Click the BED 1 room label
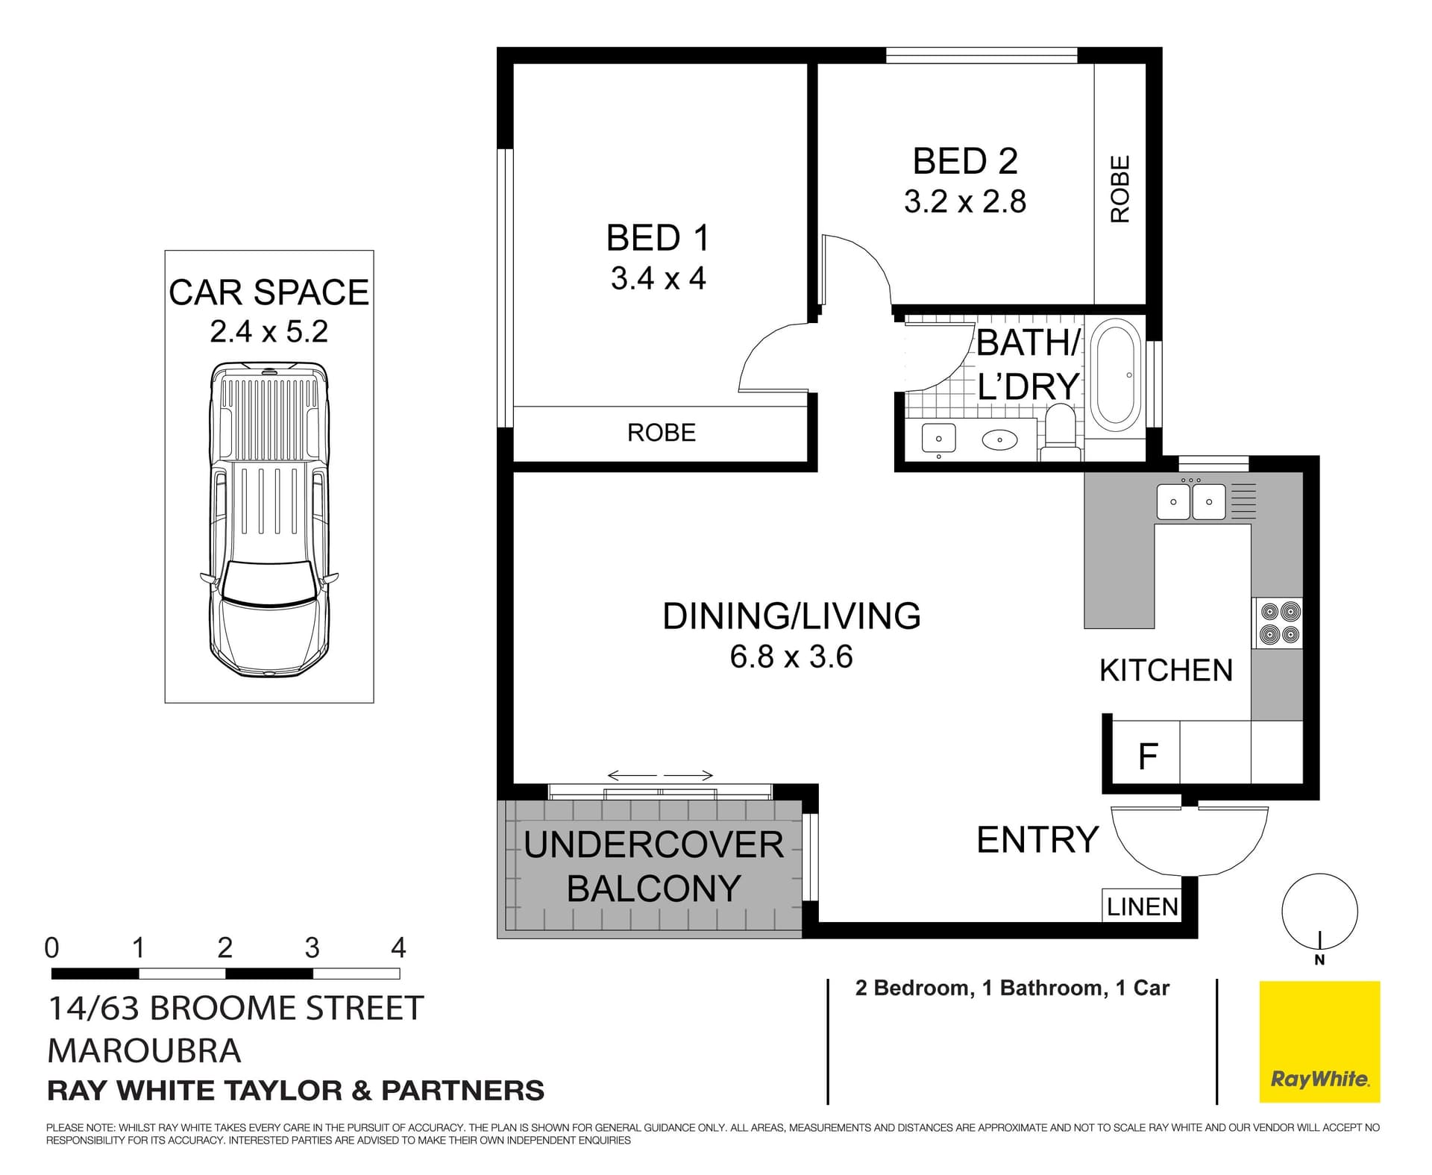point(657,239)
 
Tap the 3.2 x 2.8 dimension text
point(964,202)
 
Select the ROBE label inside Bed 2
point(1120,189)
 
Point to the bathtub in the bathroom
point(1115,375)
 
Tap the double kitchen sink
point(1190,501)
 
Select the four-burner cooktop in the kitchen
point(1280,623)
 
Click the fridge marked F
point(1147,756)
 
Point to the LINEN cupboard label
point(1142,906)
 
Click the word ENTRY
point(1037,840)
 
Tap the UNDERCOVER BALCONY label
point(653,866)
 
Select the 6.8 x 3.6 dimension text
point(791,657)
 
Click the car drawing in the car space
point(268,520)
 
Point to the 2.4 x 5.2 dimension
point(268,331)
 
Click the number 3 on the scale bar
point(312,948)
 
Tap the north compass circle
point(1319,911)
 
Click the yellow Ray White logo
point(1319,1041)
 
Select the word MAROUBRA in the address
point(144,1051)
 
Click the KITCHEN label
point(1166,671)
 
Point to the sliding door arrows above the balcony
point(660,775)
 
